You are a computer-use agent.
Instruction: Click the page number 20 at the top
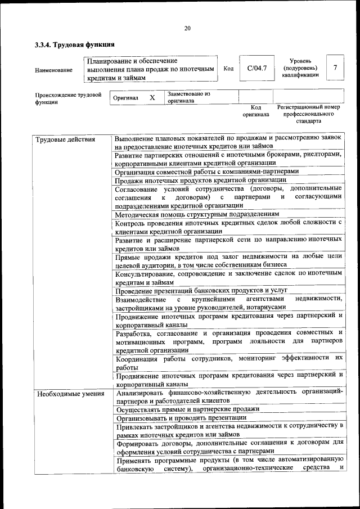[x=187, y=28]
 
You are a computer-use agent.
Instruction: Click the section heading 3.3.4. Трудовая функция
[x=75, y=44]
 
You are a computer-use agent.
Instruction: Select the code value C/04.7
[x=256, y=69]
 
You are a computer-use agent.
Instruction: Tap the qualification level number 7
[x=335, y=68]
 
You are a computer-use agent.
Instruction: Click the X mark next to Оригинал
[x=152, y=97]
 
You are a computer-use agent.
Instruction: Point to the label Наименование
[x=53, y=70]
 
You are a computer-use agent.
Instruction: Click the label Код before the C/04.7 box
[x=228, y=69]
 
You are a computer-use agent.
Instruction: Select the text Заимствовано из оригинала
[x=188, y=97]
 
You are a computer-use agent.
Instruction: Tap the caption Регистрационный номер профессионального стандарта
[x=309, y=114]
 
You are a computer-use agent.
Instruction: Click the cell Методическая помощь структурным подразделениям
[x=196, y=214]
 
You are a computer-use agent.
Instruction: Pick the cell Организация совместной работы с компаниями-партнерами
[x=206, y=172]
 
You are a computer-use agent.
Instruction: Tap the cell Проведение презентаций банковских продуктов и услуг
[x=197, y=291]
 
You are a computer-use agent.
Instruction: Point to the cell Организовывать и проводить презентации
[x=181, y=418]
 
